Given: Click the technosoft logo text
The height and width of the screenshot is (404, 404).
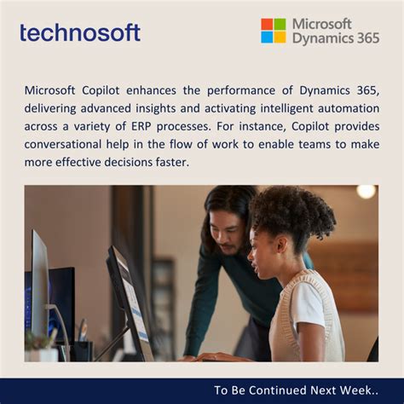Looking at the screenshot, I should coord(80,32).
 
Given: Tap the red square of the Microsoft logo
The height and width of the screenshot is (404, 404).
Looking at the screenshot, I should coord(267,24).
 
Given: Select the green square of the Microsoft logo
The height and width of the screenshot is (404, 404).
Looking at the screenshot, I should coord(280,24).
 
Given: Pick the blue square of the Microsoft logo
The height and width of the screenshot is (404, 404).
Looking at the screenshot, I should coord(267,37).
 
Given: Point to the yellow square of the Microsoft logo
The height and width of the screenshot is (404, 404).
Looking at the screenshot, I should coord(280,37).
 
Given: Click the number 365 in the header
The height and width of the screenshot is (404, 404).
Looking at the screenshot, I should coord(363,38).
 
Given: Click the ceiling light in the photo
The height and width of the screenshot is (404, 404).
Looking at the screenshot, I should coord(366,192).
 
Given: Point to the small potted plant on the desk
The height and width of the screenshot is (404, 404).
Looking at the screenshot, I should coord(38,341).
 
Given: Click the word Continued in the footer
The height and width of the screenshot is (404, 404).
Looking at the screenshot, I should coord(273,390).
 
